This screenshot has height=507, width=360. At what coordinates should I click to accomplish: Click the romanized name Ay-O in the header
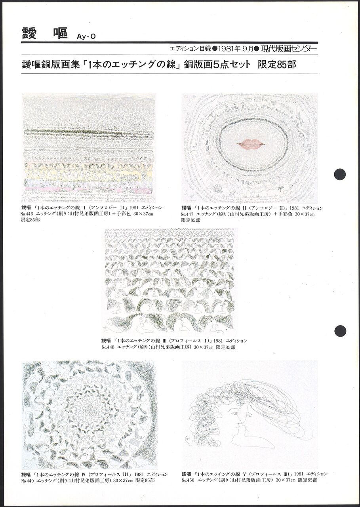coord(86,37)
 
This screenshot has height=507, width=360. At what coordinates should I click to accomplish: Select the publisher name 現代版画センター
coord(289,49)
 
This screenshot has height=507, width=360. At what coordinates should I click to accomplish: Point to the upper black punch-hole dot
coord(340,174)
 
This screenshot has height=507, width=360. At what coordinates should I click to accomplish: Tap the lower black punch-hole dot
coord(340,331)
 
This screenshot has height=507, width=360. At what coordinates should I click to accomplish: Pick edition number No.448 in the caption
coord(108,347)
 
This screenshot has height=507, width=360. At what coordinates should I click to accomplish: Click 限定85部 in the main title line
coord(277,65)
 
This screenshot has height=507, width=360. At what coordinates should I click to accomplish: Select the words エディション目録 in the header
coord(190,49)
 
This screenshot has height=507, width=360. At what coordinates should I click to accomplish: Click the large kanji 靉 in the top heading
coord(29,34)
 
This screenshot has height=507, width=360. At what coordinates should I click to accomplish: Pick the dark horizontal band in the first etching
coord(90,132)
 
